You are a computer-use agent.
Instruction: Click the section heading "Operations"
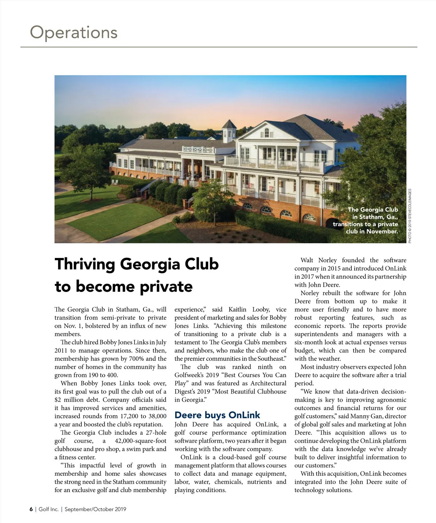click(74, 32)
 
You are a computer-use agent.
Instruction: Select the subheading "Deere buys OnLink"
click(217, 415)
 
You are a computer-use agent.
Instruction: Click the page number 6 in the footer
click(31, 509)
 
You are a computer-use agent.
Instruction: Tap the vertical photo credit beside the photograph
click(410, 216)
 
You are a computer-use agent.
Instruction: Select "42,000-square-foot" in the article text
click(141, 441)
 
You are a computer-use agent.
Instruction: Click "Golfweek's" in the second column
click(192, 375)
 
